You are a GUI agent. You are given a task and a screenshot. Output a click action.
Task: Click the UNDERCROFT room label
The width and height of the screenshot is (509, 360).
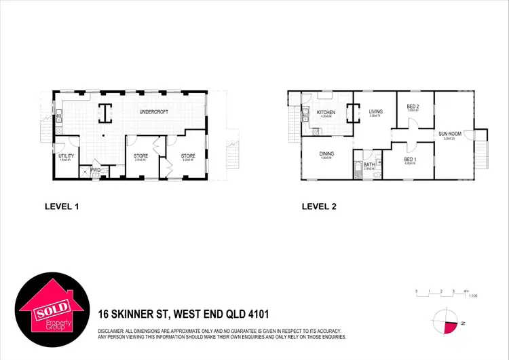pyautogui.click(x=153, y=112)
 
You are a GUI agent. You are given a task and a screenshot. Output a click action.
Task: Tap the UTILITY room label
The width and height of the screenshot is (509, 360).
pyautogui.click(x=67, y=156)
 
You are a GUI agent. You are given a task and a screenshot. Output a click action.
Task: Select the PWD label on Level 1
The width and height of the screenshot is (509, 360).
pyautogui.click(x=96, y=170)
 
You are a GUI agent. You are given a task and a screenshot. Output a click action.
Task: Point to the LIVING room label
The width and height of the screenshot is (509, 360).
pyautogui.click(x=376, y=112)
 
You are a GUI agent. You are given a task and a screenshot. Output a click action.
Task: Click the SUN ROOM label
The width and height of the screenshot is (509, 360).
pyautogui.click(x=449, y=134)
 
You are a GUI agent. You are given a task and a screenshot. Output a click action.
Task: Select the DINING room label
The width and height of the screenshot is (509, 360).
pyautogui.click(x=326, y=154)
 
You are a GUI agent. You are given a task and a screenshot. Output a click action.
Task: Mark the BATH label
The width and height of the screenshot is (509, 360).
pyautogui.click(x=369, y=164)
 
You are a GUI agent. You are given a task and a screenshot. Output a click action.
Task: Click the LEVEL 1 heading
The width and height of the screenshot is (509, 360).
pyautogui.click(x=62, y=206)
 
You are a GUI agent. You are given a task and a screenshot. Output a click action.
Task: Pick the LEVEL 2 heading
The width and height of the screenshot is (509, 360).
pyautogui.click(x=319, y=206)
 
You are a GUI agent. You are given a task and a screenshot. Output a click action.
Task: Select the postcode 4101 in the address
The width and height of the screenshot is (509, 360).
pyautogui.click(x=258, y=314)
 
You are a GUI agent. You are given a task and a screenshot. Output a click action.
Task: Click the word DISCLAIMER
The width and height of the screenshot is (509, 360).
pyautogui.click(x=115, y=330)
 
